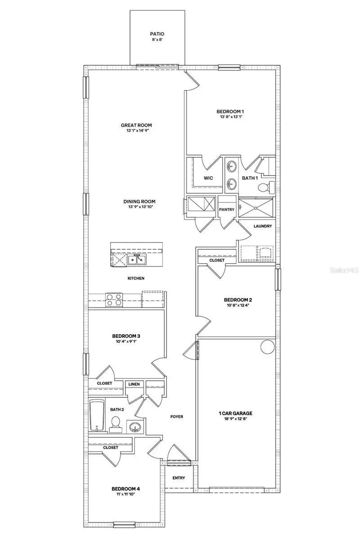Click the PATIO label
point(157,34)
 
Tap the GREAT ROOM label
point(136,126)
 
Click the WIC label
point(208,178)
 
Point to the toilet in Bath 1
point(270,186)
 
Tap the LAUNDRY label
point(262,226)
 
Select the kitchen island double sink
point(136,259)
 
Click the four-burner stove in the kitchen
point(114,299)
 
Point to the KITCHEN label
point(136,279)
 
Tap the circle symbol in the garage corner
point(268,346)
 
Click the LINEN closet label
point(134,384)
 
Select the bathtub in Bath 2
point(97,415)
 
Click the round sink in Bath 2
point(135,426)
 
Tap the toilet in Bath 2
point(115,423)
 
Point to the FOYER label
point(176,417)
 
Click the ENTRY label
point(179,478)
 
